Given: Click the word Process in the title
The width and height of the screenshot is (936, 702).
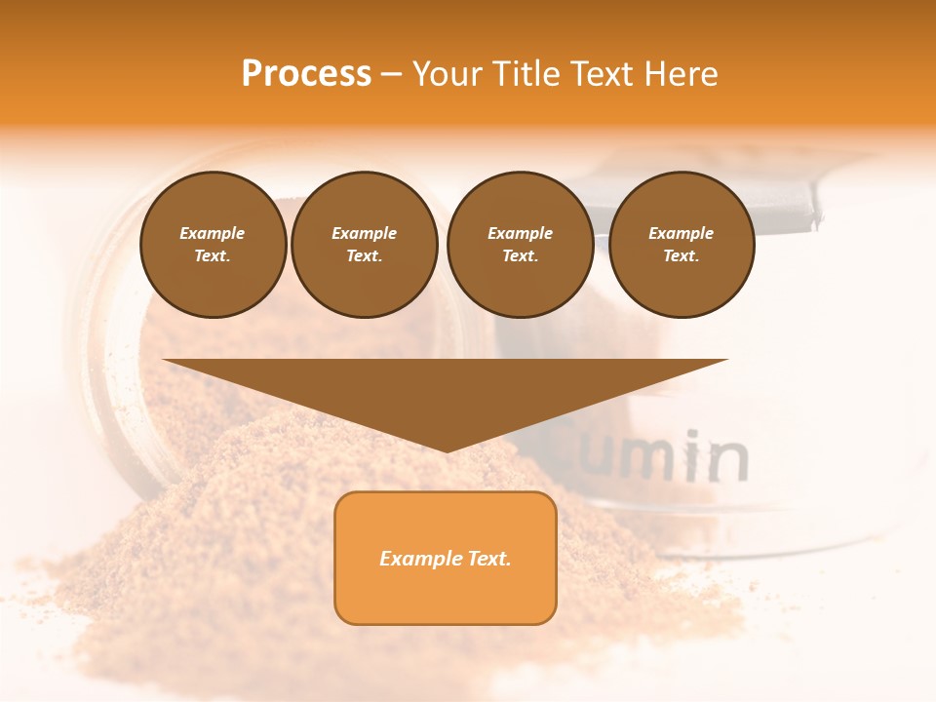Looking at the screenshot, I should (x=306, y=73).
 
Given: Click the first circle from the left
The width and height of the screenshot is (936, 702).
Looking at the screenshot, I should (x=213, y=245).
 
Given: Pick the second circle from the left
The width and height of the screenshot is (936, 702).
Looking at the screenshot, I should (x=365, y=245).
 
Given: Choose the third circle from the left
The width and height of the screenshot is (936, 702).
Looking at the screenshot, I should (x=521, y=245).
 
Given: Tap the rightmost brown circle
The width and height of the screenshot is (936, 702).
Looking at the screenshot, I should (x=682, y=245).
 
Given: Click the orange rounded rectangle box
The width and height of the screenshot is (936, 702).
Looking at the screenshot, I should (x=446, y=558).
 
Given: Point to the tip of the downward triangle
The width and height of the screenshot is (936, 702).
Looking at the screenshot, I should (x=447, y=450).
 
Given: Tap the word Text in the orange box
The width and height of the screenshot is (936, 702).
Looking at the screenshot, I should (x=488, y=559).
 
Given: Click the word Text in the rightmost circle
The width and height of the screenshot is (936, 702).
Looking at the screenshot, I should (x=681, y=256).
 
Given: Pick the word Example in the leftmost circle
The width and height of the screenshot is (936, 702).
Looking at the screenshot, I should (x=213, y=233).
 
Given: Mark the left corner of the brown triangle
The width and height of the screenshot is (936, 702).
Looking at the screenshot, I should (x=164, y=361).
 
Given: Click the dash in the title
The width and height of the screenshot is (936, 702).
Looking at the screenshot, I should (x=391, y=74).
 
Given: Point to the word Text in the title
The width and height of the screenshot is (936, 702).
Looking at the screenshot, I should (x=604, y=73).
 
